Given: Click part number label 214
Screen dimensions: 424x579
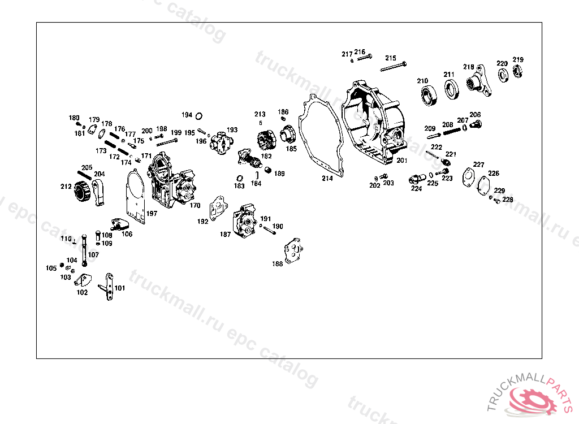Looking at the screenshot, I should pyautogui.click(x=327, y=179).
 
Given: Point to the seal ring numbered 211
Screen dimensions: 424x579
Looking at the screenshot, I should pyautogui.click(x=451, y=89).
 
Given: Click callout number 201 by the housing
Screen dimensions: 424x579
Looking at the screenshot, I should pyautogui.click(x=402, y=161).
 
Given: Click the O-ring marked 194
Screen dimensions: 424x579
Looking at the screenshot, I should pyautogui.click(x=199, y=116).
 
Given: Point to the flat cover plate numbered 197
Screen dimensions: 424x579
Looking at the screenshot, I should pyautogui.click(x=136, y=195).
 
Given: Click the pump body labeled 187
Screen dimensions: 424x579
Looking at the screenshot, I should pyautogui.click(x=246, y=222).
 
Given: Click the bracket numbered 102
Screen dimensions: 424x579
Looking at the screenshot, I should pyautogui.click(x=85, y=281).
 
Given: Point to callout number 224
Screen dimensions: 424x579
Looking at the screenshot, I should pyautogui.click(x=416, y=189).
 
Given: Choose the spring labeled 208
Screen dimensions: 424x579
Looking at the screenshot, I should pyautogui.click(x=452, y=131).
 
